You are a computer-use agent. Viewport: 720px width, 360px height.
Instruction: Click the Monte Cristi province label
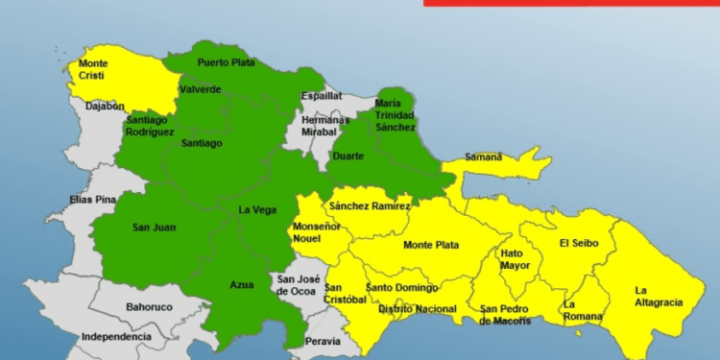[92, 70]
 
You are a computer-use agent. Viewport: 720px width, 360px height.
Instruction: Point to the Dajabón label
[105, 107]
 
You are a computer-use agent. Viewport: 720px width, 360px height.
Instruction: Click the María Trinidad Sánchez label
[396, 115]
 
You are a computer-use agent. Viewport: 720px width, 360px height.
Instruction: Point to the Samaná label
[484, 156]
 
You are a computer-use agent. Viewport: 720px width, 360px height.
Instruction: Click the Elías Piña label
[92, 199]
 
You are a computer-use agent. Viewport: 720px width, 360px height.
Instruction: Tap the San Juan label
[154, 228]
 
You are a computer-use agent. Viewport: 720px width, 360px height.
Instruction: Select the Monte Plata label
[430, 245]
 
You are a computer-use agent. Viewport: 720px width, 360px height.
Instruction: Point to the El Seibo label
[579, 243]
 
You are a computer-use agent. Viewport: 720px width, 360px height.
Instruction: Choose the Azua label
[242, 285]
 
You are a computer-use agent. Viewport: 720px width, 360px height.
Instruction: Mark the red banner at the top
[570, 3]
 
